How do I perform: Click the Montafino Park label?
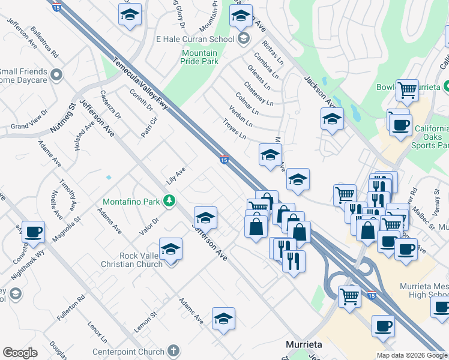tap(131, 202)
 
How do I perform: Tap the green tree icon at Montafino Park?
tap(170, 200)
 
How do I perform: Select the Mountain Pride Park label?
tap(199, 58)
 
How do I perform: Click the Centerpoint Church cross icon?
tap(173, 350)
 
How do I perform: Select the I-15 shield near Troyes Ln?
tap(223, 160)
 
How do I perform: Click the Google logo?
tap(20, 353)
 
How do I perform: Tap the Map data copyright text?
tap(411, 355)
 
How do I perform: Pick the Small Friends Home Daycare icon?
tap(56, 75)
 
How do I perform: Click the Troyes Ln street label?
tap(234, 128)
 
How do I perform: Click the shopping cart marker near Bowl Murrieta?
tap(407, 90)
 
